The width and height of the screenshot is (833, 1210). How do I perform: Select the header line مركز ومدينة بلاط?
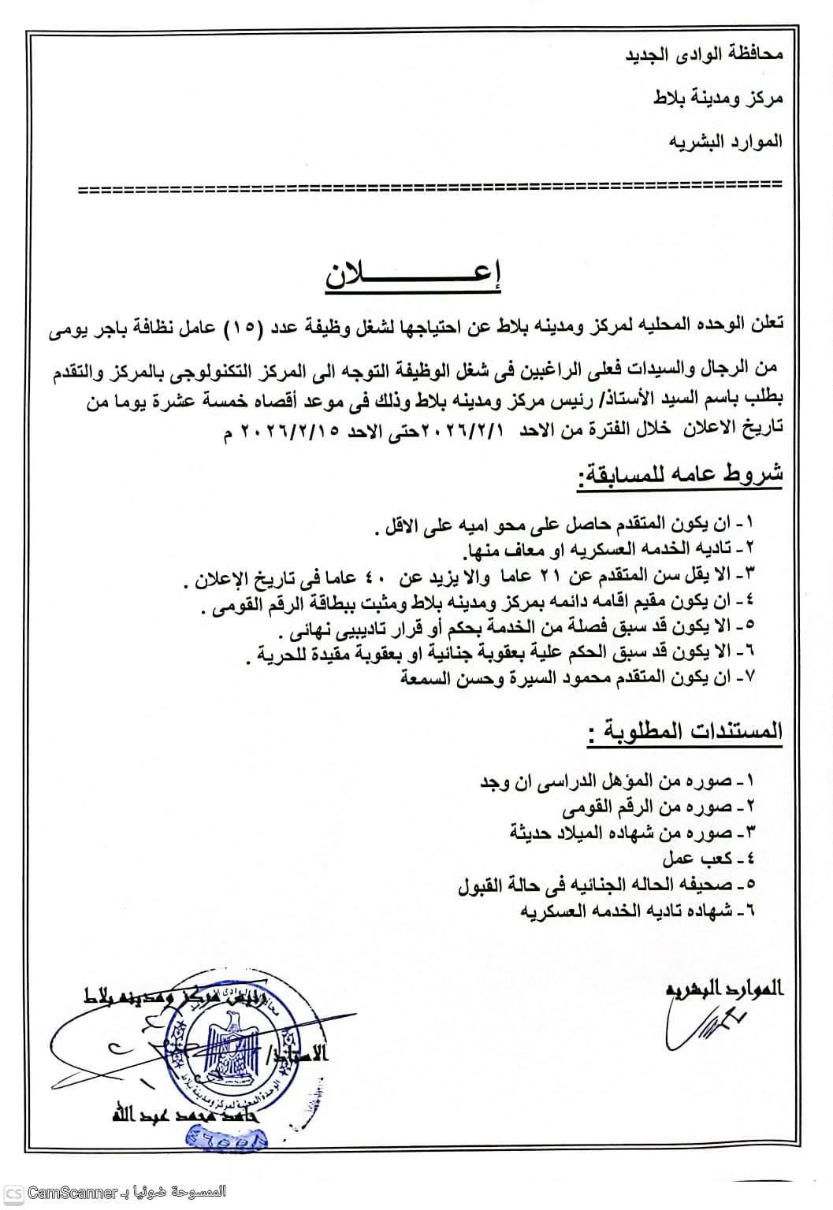click(718, 98)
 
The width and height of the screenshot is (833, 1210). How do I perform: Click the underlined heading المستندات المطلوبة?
click(686, 732)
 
